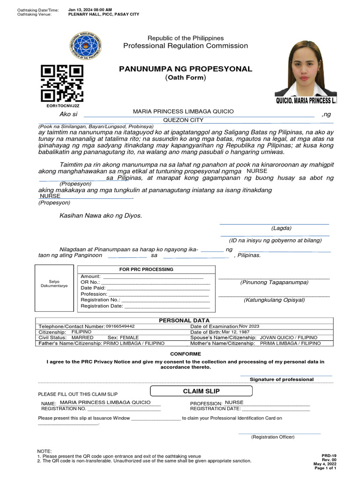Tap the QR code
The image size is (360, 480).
coord(62,83)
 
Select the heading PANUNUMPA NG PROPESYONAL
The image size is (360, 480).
coord(186,69)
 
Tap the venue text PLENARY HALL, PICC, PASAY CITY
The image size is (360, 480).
coord(104,15)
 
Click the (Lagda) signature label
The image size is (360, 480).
coord(281,228)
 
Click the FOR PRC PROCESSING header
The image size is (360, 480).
coord(146,270)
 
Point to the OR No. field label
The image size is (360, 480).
coord(90,282)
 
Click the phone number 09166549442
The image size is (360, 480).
coord(120,326)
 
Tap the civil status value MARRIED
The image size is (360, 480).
coord(82,337)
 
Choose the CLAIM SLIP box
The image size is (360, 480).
coord(201,391)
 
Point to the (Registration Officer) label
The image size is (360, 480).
coord(273,437)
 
